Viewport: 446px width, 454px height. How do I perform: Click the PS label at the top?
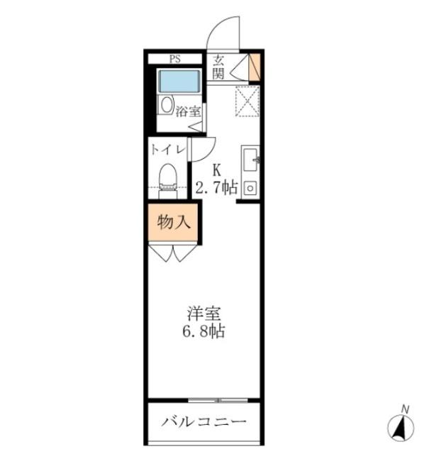point(174,59)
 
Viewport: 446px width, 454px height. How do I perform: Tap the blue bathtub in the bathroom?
point(178,81)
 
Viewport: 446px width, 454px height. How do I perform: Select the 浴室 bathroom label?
point(188,111)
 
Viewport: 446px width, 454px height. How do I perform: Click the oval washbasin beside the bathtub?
point(166,105)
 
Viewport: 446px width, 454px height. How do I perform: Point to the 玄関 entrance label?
point(218,67)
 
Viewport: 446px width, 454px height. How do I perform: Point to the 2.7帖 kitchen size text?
point(217,188)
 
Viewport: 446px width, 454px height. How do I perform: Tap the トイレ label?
point(167,150)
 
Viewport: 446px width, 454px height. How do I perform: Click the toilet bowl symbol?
point(167,175)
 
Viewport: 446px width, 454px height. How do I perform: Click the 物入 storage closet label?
point(174,222)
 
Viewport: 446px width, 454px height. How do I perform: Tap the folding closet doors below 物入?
point(174,253)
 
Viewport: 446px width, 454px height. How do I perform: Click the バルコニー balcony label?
point(204,423)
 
